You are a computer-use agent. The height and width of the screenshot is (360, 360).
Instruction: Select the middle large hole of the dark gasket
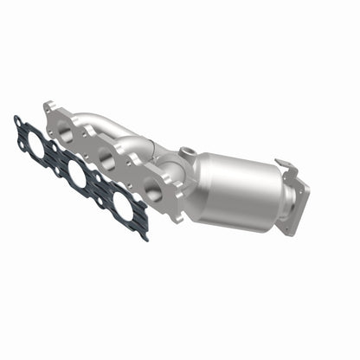coord(76,177)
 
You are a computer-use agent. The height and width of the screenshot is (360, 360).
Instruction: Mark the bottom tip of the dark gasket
coord(144,236)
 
